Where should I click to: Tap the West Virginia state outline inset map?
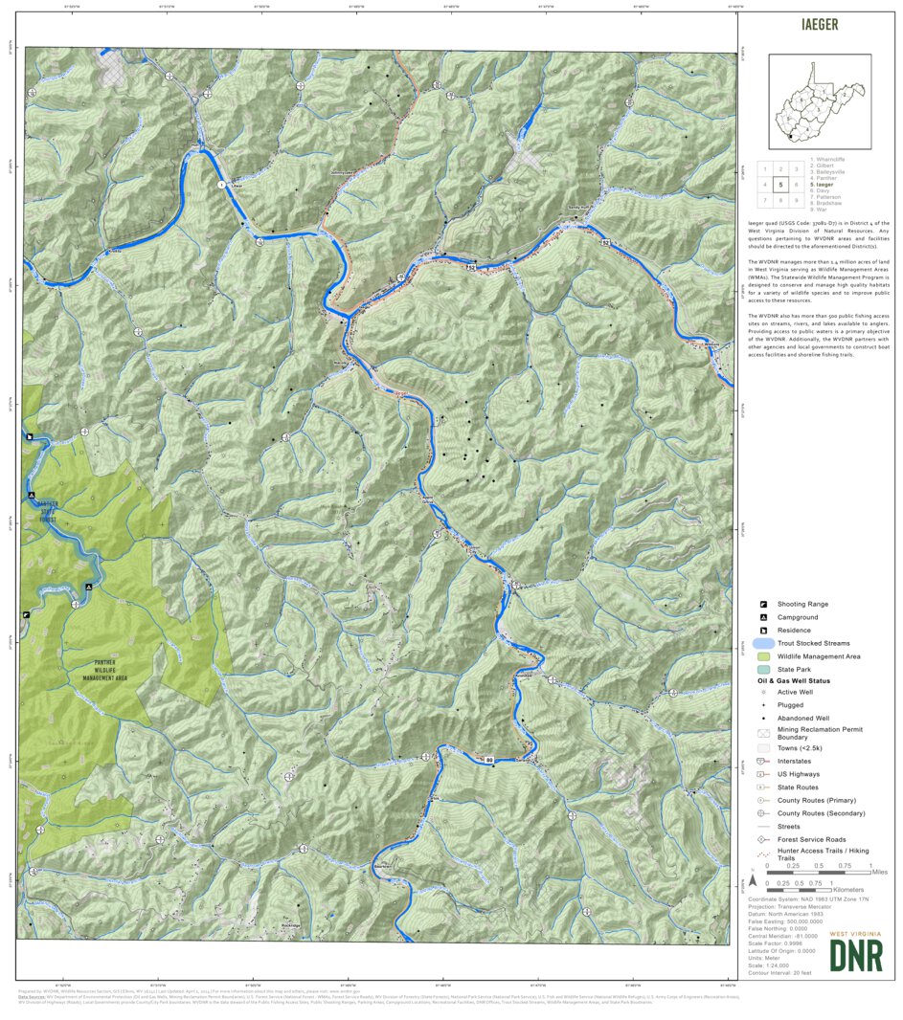(820, 100)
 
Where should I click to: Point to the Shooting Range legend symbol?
(763, 605)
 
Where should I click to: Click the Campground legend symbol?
(763, 617)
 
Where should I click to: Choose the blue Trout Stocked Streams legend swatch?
(763, 644)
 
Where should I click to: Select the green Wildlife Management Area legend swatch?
(763, 657)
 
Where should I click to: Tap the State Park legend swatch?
(763, 671)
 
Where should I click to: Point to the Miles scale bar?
(819, 872)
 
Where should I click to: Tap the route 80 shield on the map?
(489, 761)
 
